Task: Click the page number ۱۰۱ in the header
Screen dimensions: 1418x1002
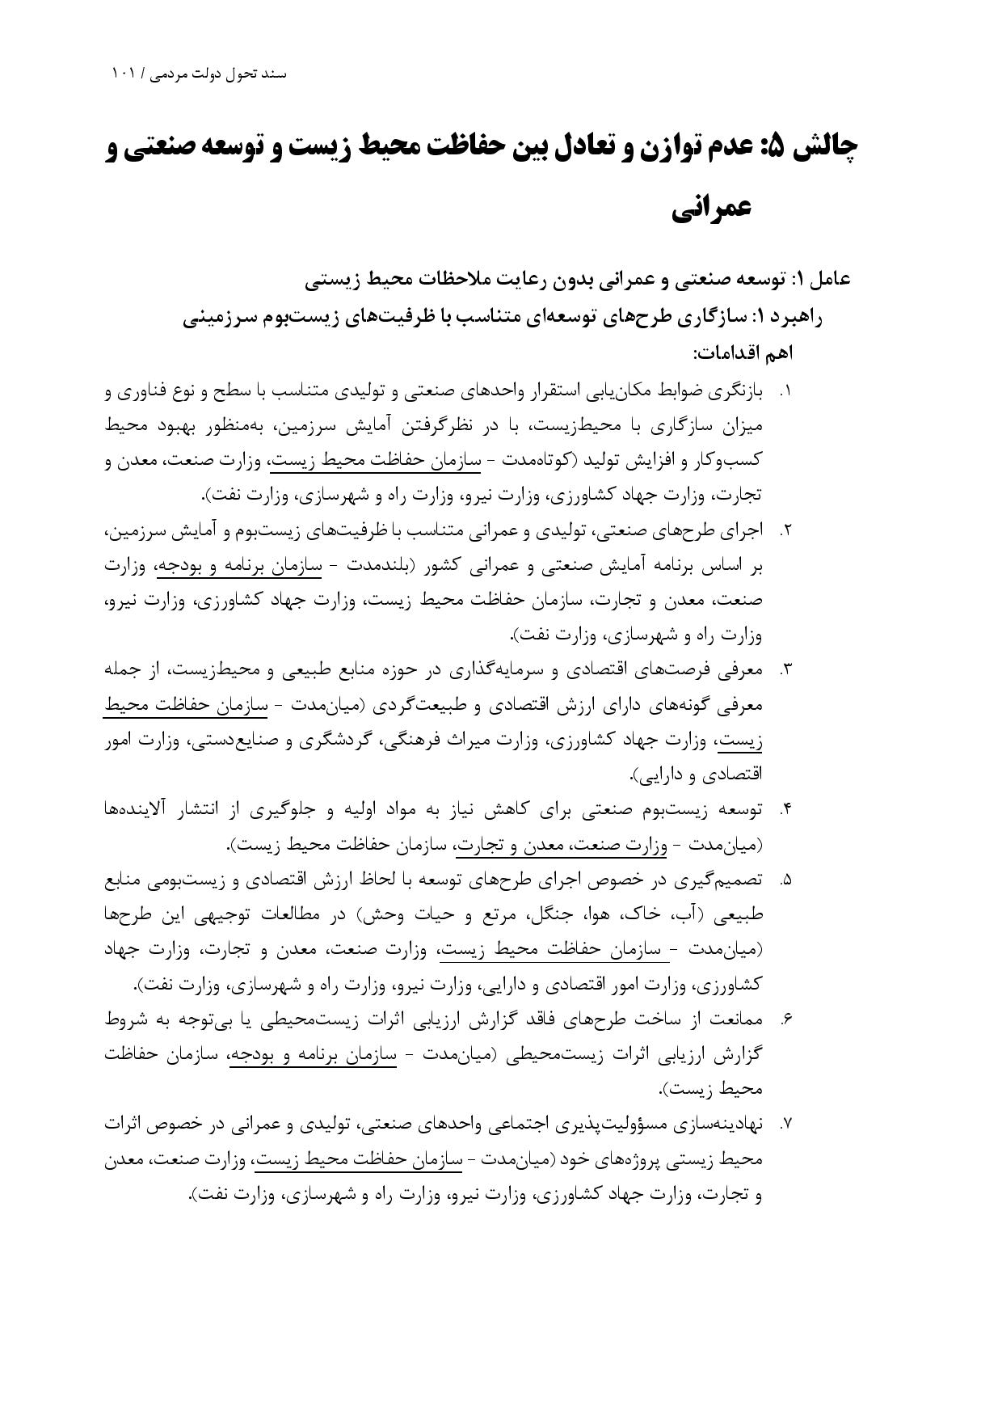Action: point(125,74)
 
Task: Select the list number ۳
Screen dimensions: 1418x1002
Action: point(786,670)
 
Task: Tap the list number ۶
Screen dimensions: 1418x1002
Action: point(786,1019)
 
